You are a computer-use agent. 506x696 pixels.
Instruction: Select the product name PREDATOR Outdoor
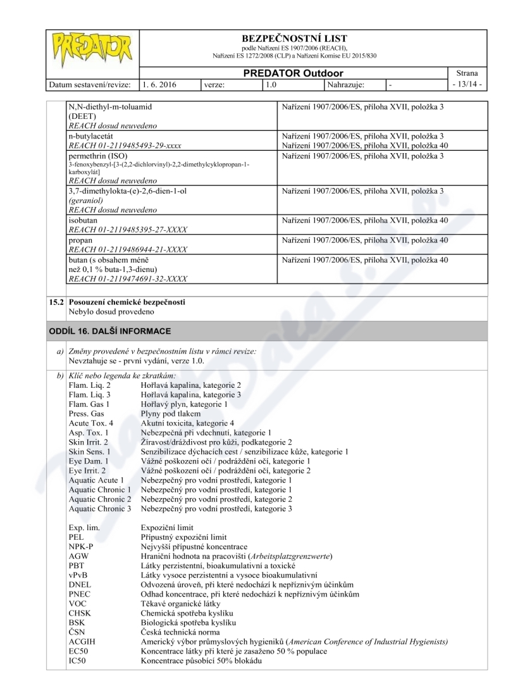coord(293,73)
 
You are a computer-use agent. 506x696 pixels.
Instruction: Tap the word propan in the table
coord(80,240)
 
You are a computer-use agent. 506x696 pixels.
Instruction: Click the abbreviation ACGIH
coord(82,642)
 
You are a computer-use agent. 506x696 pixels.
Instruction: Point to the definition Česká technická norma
coord(180,632)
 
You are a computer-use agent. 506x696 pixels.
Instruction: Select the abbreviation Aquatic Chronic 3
coord(100,509)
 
